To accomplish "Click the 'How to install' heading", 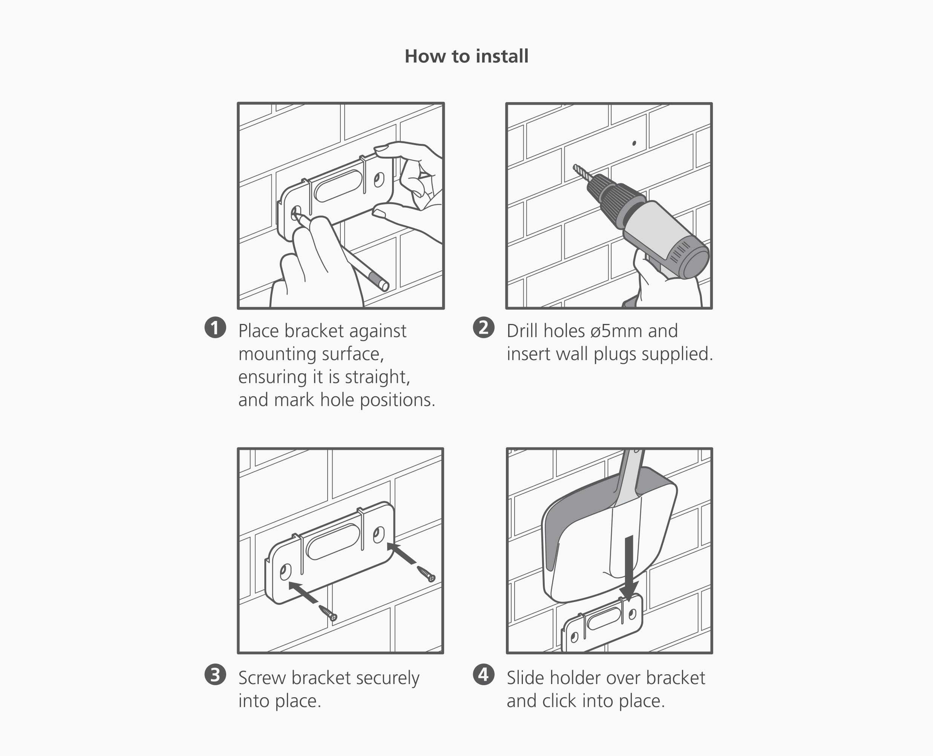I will coord(466,57).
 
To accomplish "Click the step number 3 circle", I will coord(215,675).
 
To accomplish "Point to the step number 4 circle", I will coord(484,675).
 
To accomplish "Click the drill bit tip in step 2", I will coord(576,167).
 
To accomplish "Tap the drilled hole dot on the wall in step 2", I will coord(634,143).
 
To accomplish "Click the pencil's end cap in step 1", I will coord(383,285).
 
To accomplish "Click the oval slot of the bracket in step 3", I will coord(333,541).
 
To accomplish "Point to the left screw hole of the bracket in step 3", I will coord(285,572).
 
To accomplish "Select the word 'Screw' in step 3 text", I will coord(262,678).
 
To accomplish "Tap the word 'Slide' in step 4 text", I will coord(524,678).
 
